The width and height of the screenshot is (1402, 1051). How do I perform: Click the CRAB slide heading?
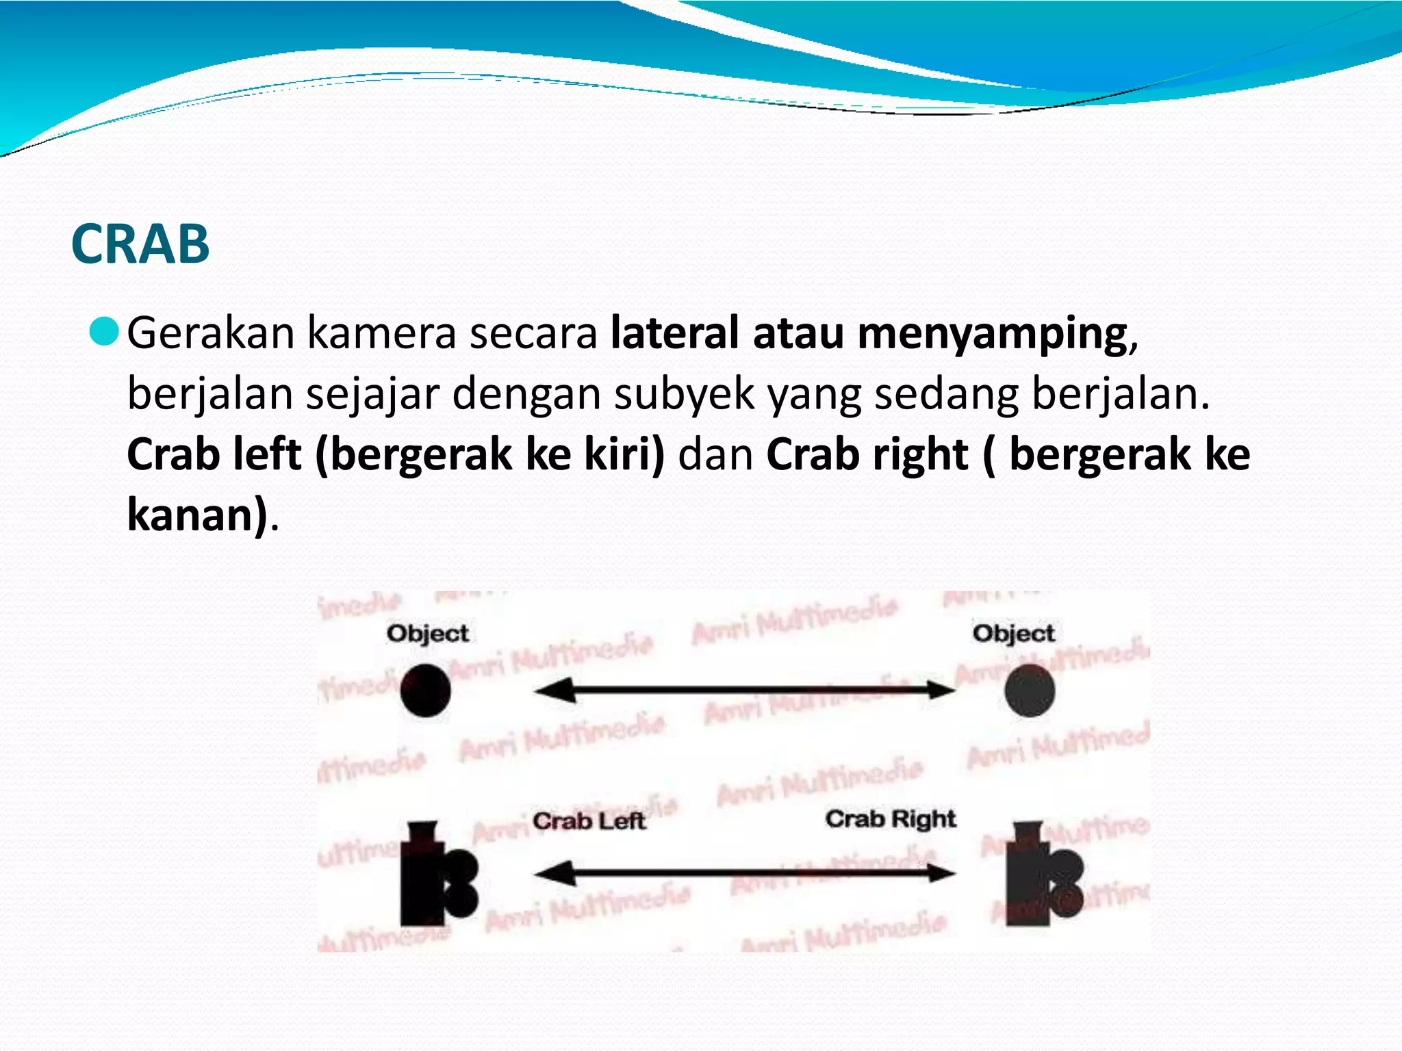[x=140, y=244]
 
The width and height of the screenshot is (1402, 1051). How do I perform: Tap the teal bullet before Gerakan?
[x=104, y=332]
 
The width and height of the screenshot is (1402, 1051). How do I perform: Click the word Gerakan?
[x=209, y=333]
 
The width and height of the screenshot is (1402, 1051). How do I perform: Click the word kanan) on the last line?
[x=198, y=515]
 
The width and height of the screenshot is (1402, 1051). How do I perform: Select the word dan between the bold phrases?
[x=715, y=455]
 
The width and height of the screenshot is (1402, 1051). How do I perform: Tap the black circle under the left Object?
[x=426, y=690]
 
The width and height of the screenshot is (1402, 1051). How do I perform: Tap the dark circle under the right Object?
[x=1030, y=690]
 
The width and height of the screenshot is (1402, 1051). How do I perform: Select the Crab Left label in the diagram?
[x=589, y=820]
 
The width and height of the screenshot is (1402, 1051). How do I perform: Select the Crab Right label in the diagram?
[x=890, y=819]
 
